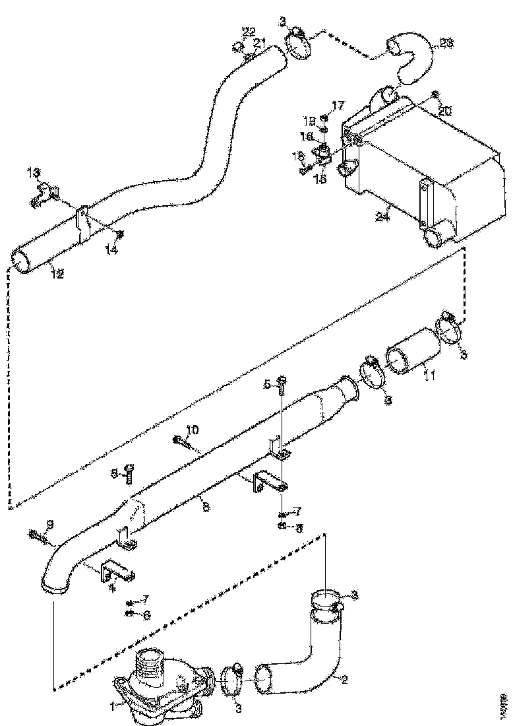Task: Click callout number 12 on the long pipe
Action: (57, 274)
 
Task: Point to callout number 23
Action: (446, 44)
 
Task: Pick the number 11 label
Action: (429, 376)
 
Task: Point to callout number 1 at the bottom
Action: (112, 706)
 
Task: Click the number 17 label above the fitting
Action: (338, 106)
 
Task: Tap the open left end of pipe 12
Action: (25, 260)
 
